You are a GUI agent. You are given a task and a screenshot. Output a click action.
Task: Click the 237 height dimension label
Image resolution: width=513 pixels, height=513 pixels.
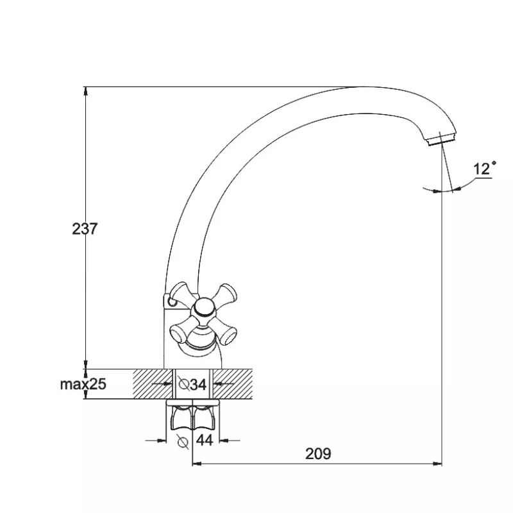pos(85,229)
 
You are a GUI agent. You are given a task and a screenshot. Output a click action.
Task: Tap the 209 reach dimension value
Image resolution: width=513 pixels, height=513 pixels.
pos(318,454)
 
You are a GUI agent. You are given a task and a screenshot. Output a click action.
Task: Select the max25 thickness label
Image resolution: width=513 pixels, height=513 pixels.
pos(83,384)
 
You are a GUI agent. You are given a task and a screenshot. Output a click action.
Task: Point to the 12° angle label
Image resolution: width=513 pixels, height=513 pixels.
pos(485,168)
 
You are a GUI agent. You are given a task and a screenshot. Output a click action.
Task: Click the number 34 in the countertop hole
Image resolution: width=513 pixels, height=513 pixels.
pos(198,384)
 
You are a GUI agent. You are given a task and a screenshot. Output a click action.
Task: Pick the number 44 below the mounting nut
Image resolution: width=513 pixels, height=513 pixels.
pos(205,441)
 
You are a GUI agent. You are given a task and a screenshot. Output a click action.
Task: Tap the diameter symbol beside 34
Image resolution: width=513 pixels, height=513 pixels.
pos(183,384)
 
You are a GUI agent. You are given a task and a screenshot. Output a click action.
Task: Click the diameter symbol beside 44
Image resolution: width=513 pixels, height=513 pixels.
pos(182,442)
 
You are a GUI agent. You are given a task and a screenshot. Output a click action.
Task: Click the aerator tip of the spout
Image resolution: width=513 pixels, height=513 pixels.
pos(441,140)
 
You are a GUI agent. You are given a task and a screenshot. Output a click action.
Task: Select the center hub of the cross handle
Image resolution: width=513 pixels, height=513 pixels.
pos(203,308)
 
